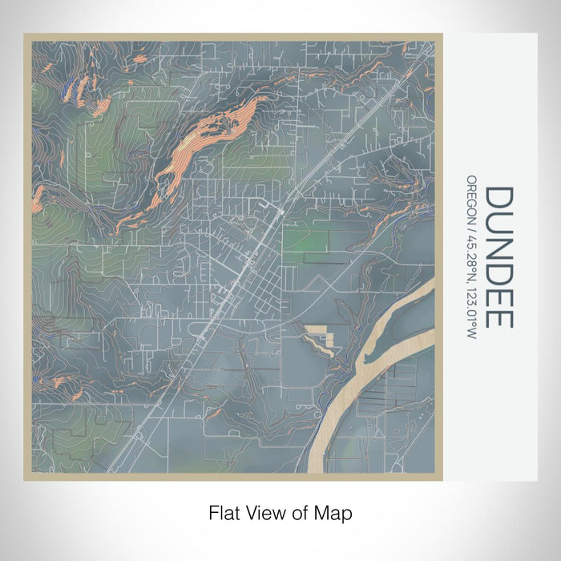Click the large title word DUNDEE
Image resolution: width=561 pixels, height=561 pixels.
point(498,256)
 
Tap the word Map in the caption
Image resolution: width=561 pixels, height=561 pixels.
point(335,511)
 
